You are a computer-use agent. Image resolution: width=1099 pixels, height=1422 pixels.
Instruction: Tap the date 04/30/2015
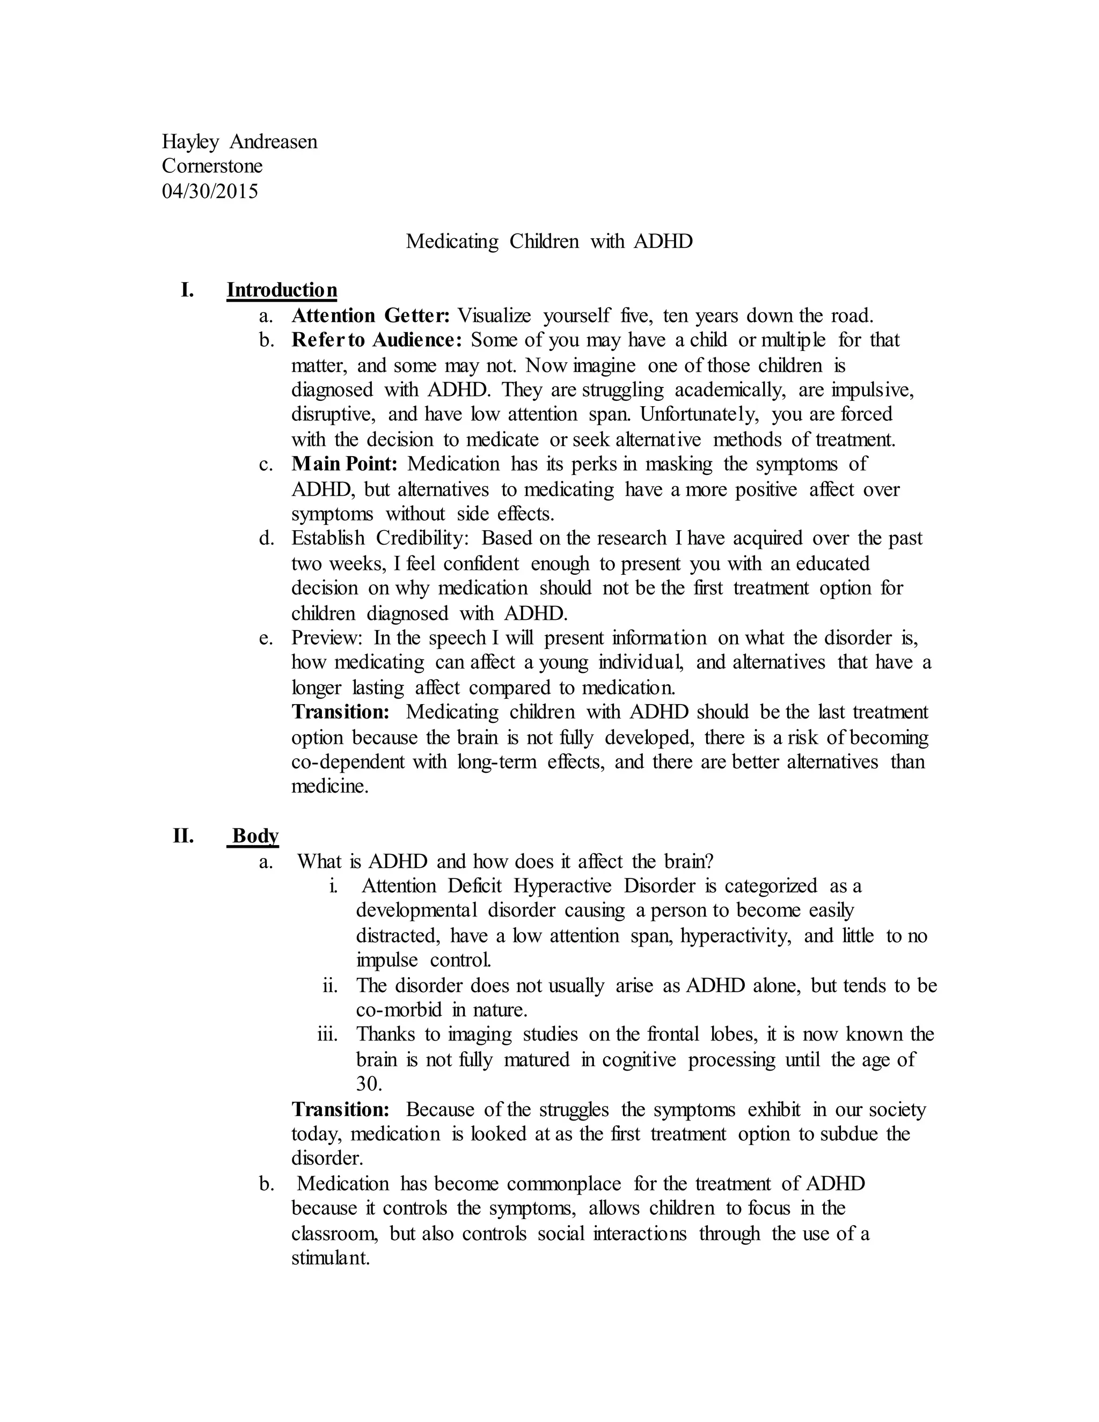point(210,191)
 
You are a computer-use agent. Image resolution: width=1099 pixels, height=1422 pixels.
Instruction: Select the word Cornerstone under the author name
point(213,166)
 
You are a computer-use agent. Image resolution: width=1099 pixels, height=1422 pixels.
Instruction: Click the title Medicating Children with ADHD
point(549,241)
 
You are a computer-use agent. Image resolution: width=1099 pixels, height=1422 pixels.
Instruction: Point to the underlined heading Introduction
point(282,290)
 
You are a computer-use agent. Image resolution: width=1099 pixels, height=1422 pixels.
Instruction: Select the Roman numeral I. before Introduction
point(187,290)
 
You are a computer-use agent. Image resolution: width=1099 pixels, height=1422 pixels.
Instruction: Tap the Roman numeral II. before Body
point(183,835)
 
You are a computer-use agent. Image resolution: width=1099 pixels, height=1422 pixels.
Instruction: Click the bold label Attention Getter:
point(370,316)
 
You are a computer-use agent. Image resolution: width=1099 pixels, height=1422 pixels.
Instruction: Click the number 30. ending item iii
point(369,1084)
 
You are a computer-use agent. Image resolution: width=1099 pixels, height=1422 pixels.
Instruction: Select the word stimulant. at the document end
point(331,1258)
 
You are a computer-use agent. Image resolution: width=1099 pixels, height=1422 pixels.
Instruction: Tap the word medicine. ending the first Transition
point(329,787)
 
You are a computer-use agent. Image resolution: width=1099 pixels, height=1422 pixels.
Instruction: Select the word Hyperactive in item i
point(562,886)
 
